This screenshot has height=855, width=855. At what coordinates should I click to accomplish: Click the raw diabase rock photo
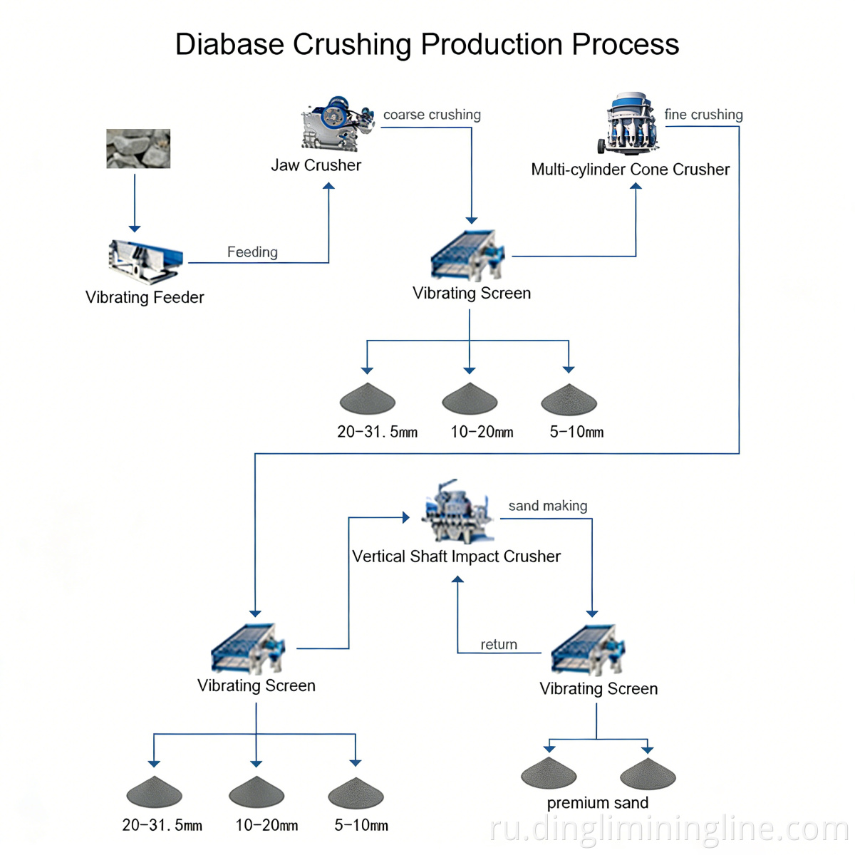138,148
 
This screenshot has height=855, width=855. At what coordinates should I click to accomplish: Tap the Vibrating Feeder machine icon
145,261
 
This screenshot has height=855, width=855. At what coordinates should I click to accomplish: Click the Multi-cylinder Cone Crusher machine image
630,124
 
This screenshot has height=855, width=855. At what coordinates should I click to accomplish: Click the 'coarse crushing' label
432,115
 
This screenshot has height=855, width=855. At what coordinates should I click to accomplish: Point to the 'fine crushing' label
703,115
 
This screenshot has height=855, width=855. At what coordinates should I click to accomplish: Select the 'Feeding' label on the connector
252,252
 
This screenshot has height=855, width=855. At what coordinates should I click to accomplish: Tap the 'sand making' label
547,506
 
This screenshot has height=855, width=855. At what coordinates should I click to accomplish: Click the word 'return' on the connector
499,645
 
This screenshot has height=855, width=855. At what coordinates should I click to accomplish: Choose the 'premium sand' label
597,803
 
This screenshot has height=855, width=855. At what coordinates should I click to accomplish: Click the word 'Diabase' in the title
229,44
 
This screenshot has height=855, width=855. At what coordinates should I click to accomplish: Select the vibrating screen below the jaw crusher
467,255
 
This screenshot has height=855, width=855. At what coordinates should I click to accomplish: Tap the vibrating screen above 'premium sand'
588,650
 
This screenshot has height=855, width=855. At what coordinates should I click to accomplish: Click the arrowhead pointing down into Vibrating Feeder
135,228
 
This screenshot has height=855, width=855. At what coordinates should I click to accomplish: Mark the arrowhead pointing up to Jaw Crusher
328,187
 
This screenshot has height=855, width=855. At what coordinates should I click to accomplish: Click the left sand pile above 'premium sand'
549,774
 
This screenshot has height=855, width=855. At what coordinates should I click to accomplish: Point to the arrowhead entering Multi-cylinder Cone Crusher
636,187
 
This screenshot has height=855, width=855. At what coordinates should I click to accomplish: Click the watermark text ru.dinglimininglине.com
670,829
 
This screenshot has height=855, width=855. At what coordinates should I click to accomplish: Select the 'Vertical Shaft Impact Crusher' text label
456,556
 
